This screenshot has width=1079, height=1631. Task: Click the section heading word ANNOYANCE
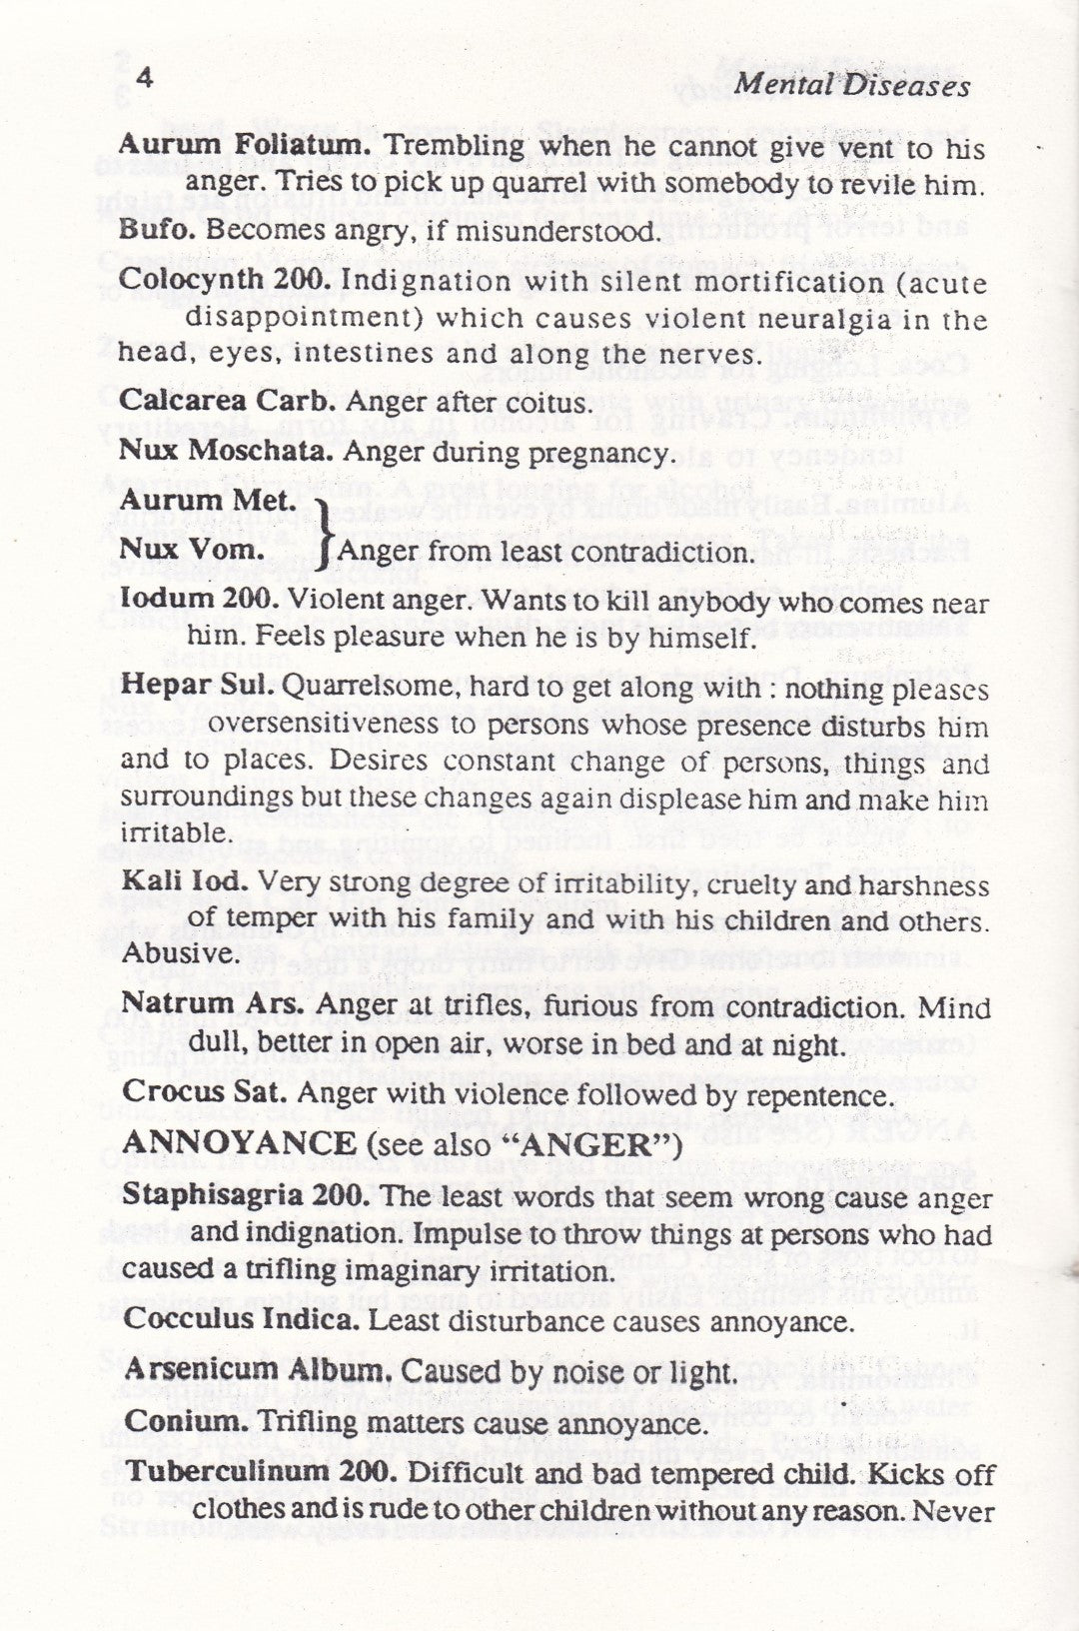(238, 1144)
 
